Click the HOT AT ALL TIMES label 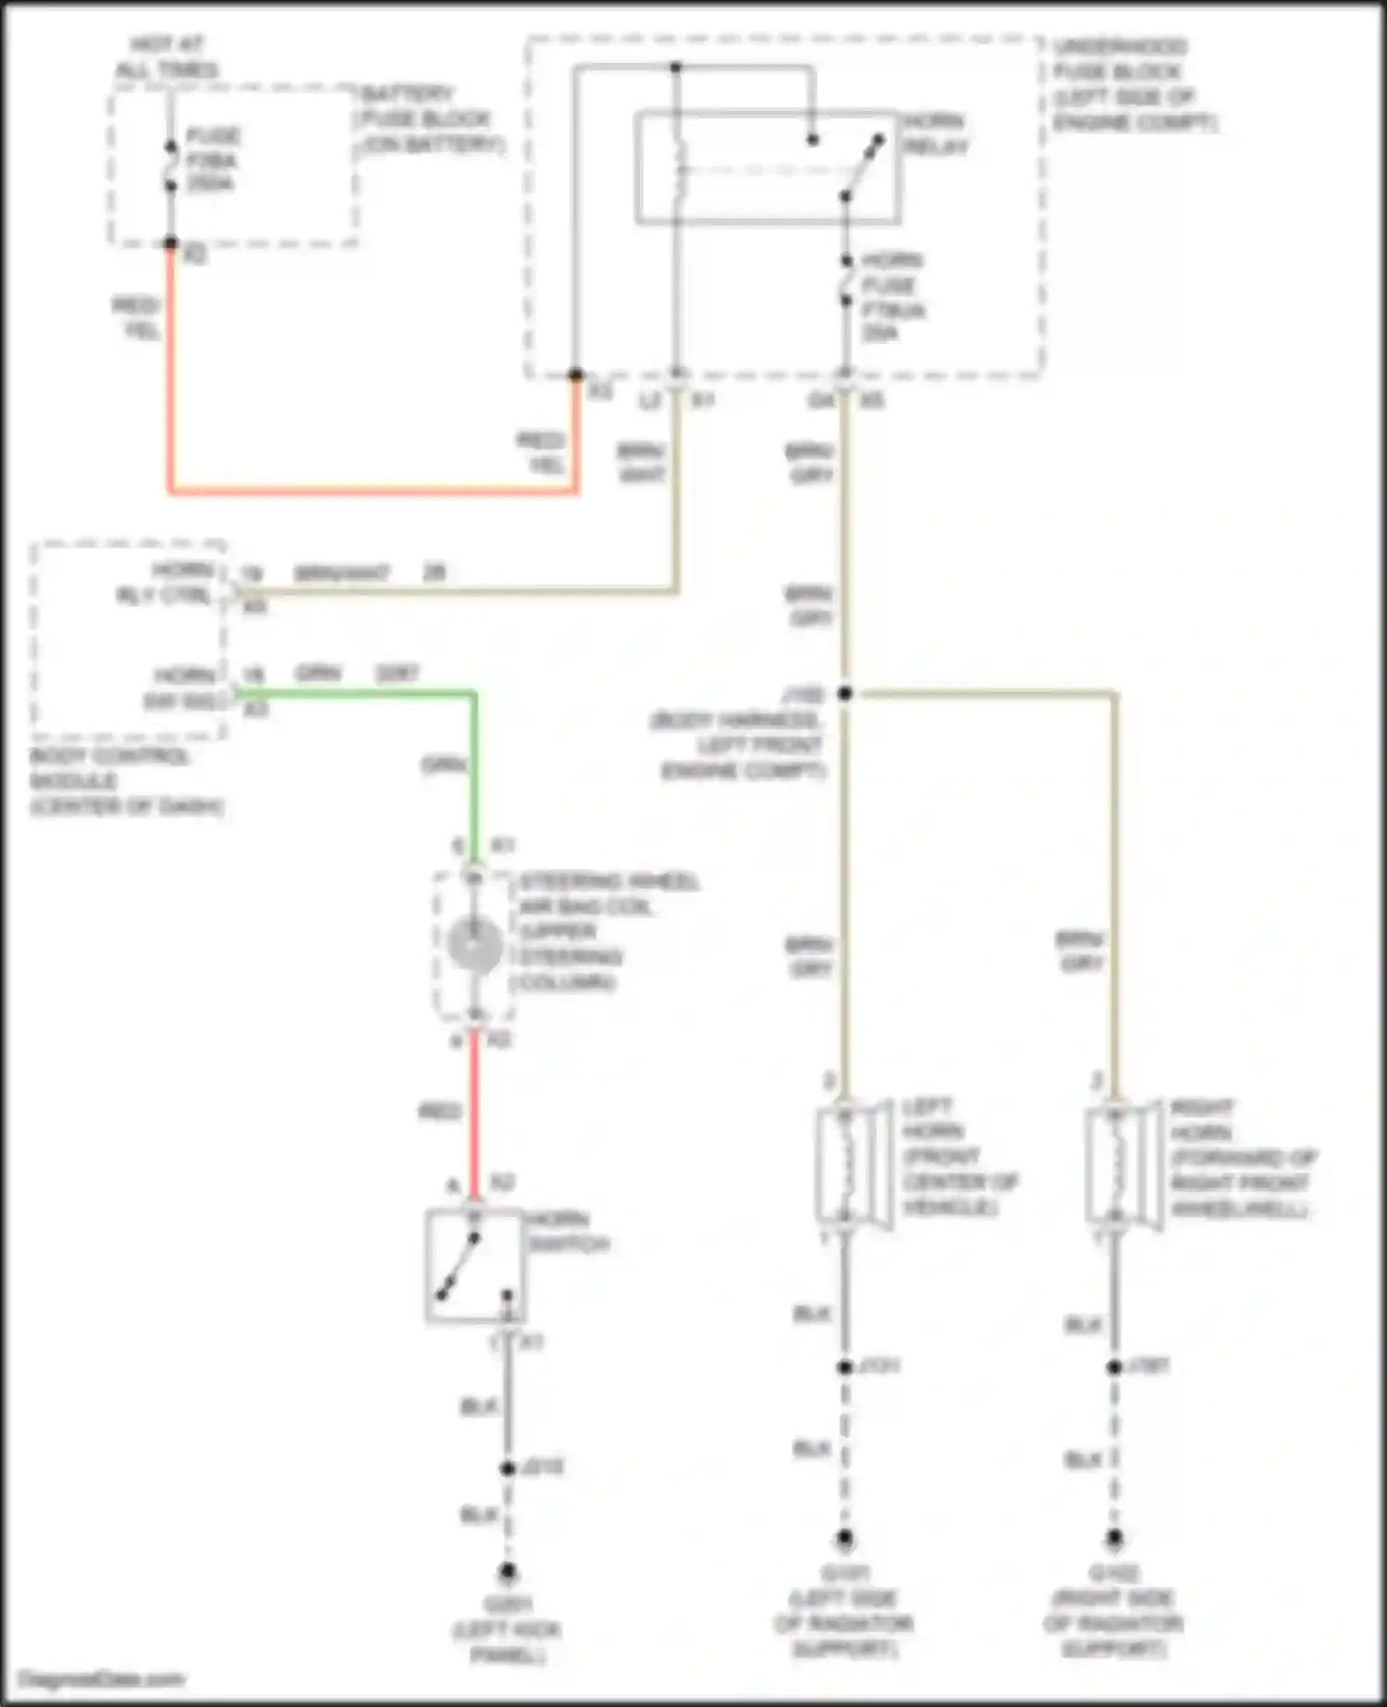pyautogui.click(x=166, y=56)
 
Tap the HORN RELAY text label pyautogui.click(x=934, y=134)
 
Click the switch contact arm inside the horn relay pyautogui.click(x=862, y=168)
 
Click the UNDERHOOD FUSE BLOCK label pyautogui.click(x=1133, y=84)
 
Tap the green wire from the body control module pyautogui.click(x=356, y=693)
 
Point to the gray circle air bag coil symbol pyautogui.click(x=474, y=944)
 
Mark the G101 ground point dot pyautogui.click(x=844, y=1539)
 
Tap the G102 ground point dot pyautogui.click(x=1114, y=1539)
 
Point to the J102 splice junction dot pyautogui.click(x=844, y=694)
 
